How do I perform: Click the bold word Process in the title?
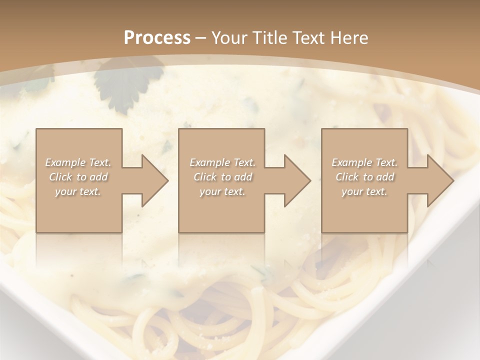[x=157, y=38]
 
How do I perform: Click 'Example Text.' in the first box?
[x=78, y=162]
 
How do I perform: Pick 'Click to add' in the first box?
[x=78, y=177]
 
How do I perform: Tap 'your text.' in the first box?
[x=78, y=191]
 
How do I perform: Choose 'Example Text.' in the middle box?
[x=222, y=162]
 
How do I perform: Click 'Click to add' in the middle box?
[x=222, y=177]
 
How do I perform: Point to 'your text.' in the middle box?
[x=222, y=191]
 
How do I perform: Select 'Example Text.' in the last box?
[x=364, y=162]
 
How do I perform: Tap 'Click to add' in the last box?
[x=364, y=177]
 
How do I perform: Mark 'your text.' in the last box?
[x=364, y=191]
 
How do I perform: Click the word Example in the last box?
[x=352, y=162]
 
